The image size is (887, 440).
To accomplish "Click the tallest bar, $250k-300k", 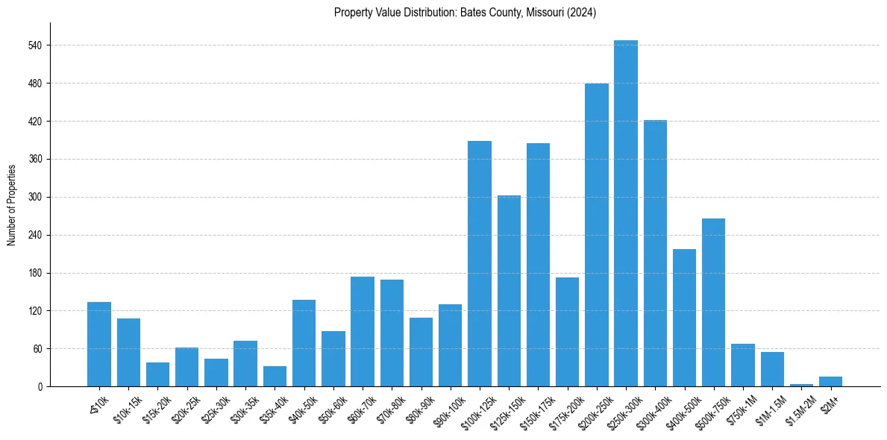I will point(626,213).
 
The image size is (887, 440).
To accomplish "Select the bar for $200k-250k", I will point(597,235).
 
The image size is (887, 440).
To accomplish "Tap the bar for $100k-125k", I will point(480,263).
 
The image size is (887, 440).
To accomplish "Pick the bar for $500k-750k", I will point(714,302).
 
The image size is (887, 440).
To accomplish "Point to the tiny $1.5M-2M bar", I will point(801,385).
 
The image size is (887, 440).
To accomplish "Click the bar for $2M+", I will point(830,382).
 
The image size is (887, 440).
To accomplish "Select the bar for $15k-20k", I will point(157,374).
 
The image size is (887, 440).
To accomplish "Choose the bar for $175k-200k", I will point(567,332).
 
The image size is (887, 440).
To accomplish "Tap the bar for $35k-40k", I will point(275,377).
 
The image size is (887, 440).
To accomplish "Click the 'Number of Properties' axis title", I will point(11,205).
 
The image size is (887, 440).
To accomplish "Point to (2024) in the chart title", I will point(583,12).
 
